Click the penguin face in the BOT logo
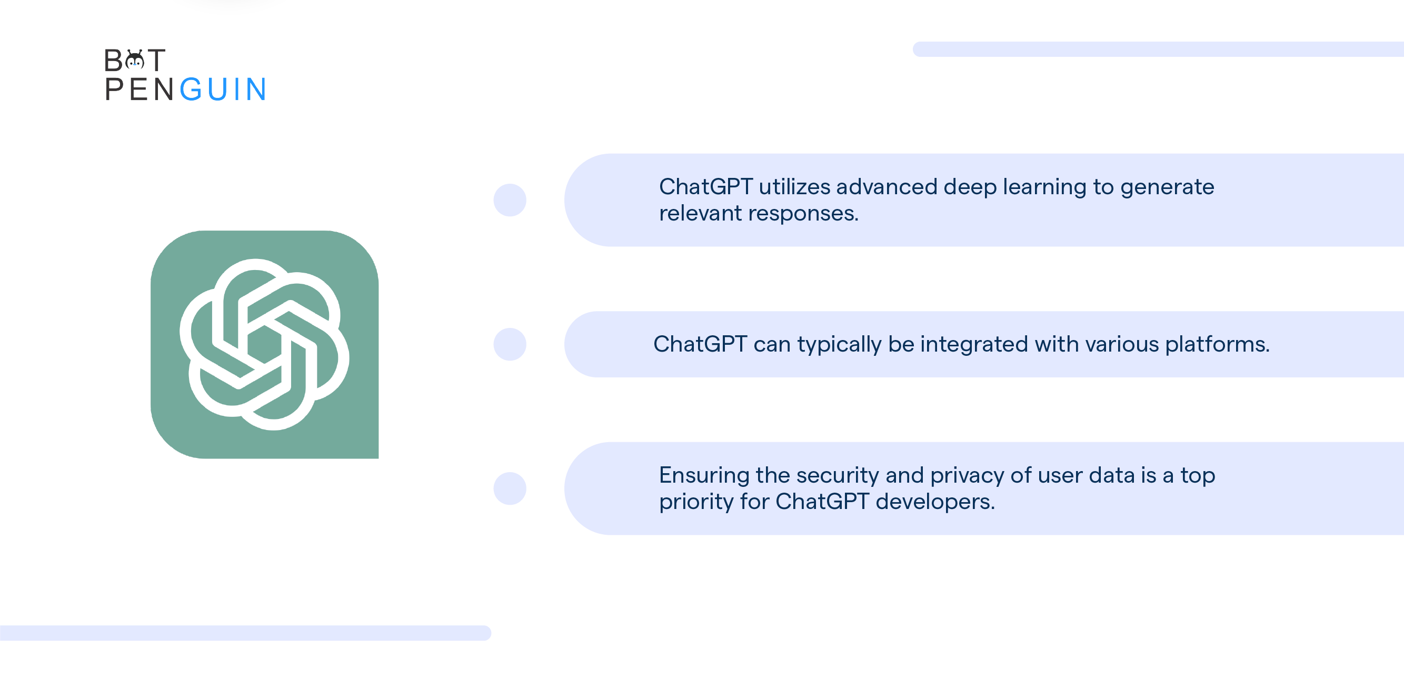(135, 60)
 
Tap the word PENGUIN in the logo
(185, 89)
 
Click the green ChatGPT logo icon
(264, 344)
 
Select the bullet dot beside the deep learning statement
(510, 200)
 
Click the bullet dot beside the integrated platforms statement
(510, 344)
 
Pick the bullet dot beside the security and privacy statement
(510, 488)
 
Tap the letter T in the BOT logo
(156, 60)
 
